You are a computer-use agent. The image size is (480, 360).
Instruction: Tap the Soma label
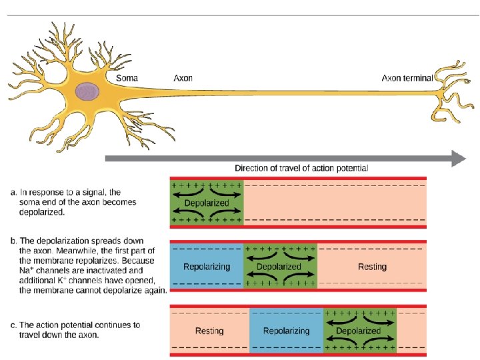tap(127, 78)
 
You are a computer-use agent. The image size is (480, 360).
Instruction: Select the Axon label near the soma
tap(183, 78)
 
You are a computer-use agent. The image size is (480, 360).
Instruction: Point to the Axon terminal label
tap(407, 78)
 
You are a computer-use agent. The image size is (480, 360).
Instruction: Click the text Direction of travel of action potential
tap(301, 169)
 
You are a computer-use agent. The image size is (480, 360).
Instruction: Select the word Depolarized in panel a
tap(206, 203)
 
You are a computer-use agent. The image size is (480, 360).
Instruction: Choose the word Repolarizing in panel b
tap(207, 267)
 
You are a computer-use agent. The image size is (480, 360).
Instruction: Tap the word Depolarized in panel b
tap(279, 267)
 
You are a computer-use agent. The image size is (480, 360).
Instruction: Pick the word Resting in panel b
tap(372, 267)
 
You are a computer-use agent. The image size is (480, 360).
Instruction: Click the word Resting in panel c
tap(209, 331)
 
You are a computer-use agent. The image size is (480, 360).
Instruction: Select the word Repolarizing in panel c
tap(287, 331)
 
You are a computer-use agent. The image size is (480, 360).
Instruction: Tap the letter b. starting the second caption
tap(13, 240)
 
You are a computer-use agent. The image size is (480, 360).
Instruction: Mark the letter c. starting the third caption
tap(13, 325)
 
